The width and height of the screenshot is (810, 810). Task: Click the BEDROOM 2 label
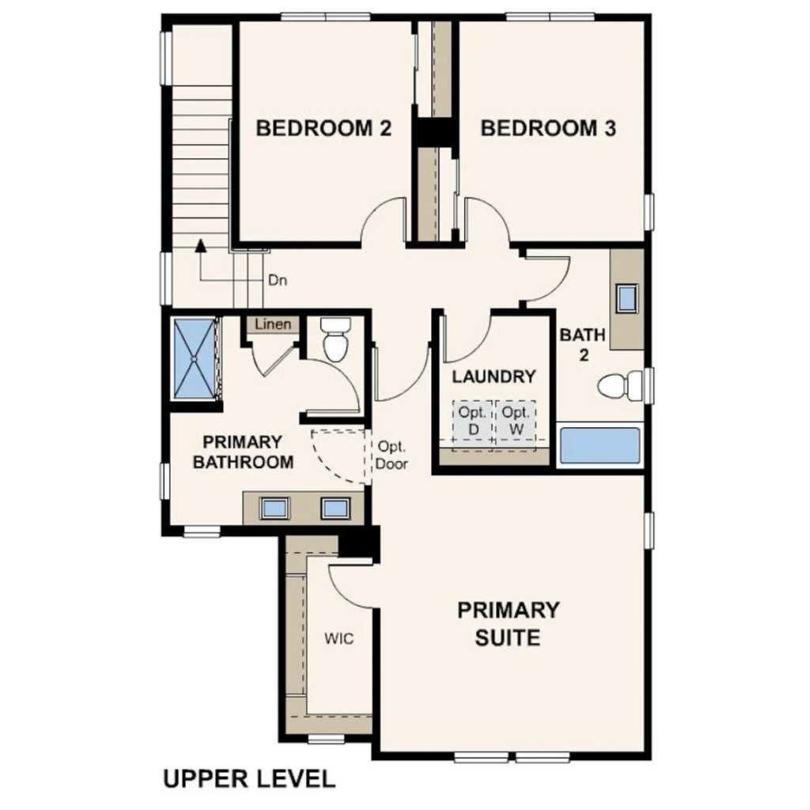click(x=324, y=128)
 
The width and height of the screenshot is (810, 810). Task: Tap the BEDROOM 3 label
click(x=548, y=128)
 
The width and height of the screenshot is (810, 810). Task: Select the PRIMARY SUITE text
click(x=508, y=623)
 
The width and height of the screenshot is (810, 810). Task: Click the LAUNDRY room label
click(x=494, y=377)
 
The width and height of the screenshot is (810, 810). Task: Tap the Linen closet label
click(x=272, y=324)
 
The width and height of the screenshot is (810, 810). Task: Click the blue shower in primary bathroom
click(x=194, y=358)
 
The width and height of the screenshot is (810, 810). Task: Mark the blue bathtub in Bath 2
click(x=600, y=446)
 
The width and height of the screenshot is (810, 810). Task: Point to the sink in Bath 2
click(x=629, y=298)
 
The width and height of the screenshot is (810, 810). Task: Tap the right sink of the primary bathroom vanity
click(x=335, y=508)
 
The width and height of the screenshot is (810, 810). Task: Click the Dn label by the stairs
click(x=276, y=279)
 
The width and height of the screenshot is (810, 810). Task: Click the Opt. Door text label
click(x=392, y=455)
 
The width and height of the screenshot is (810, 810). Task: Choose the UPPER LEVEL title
click(x=248, y=778)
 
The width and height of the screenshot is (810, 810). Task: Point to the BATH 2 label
click(x=583, y=344)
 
